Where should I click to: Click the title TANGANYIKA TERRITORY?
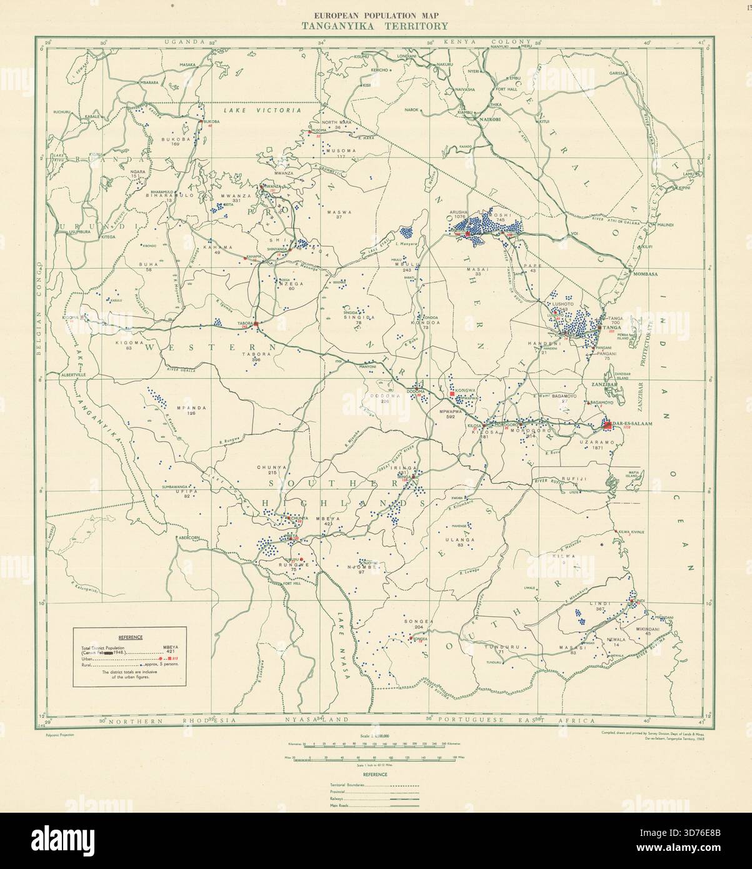point(375,26)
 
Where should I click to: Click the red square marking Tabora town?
point(256,323)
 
